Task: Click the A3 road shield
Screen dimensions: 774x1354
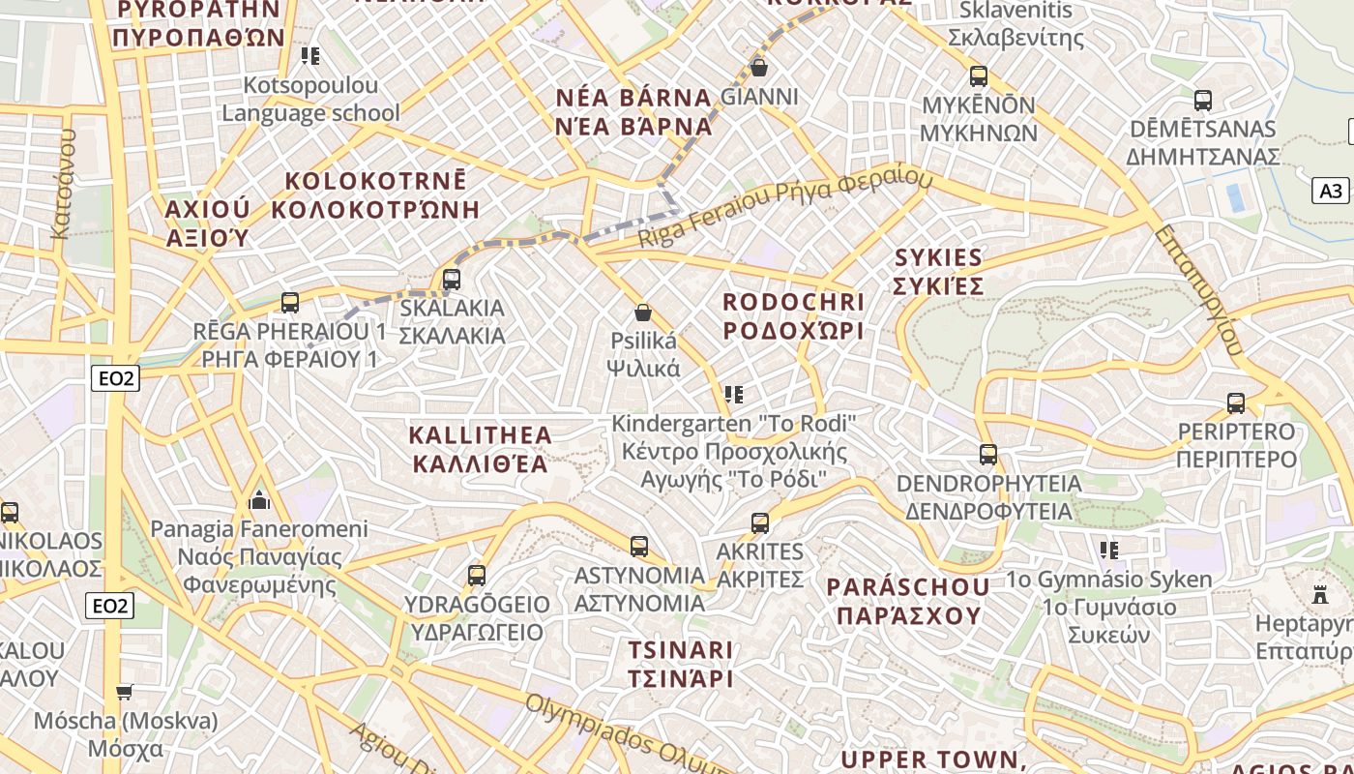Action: click(1331, 191)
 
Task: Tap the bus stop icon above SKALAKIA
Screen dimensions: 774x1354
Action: click(451, 280)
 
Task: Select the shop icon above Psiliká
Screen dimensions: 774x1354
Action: click(642, 313)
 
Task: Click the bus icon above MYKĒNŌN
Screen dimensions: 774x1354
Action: click(979, 76)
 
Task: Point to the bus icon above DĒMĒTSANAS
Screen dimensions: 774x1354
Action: click(1203, 100)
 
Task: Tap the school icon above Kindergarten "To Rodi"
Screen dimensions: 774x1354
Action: click(734, 395)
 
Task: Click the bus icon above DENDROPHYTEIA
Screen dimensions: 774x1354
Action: click(988, 454)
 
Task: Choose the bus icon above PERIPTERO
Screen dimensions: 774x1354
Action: click(1236, 402)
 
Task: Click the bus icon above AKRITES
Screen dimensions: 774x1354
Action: click(760, 523)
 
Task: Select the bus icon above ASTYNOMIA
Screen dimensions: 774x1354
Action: click(639, 547)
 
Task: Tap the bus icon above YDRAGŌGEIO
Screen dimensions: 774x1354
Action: click(477, 576)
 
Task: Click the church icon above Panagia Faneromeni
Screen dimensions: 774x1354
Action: click(259, 500)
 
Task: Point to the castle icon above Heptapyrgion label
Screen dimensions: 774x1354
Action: click(1320, 594)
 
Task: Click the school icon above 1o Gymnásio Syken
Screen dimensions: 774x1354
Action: click(1109, 551)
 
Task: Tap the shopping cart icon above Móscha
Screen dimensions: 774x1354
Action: click(125, 692)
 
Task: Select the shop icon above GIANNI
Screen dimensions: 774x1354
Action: click(759, 68)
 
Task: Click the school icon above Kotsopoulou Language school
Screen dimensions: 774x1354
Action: click(310, 56)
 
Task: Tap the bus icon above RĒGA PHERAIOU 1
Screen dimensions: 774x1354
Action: click(290, 302)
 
